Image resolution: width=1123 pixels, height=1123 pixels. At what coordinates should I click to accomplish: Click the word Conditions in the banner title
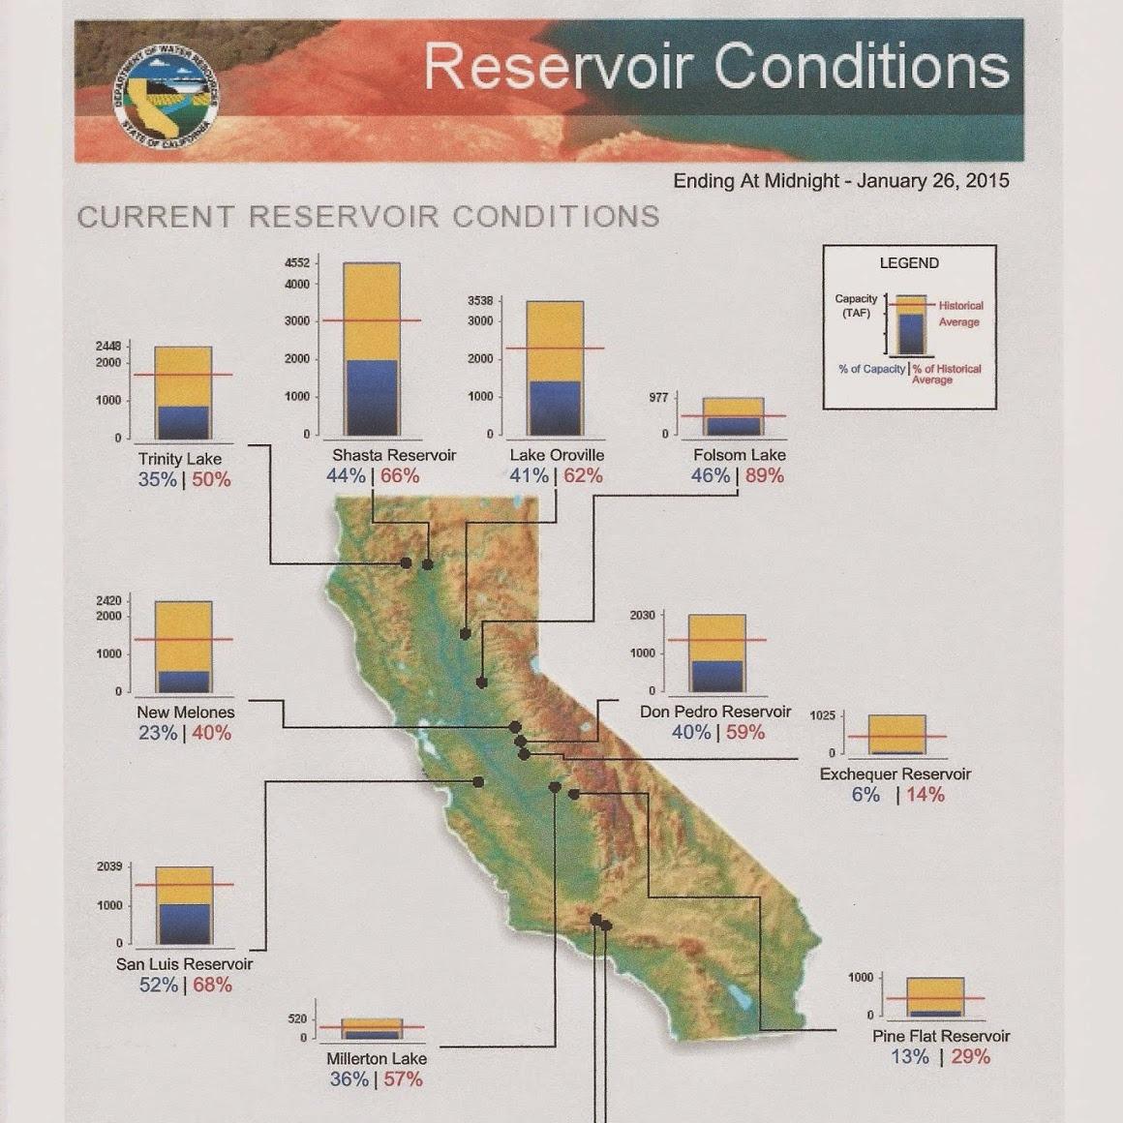(x=862, y=66)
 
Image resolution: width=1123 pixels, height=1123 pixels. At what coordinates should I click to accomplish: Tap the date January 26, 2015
(x=932, y=180)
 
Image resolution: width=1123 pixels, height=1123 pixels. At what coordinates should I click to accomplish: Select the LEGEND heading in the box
(x=909, y=263)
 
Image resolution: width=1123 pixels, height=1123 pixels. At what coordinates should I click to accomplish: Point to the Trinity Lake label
(x=180, y=459)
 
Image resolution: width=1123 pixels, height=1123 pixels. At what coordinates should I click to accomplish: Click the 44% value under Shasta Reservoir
(x=346, y=475)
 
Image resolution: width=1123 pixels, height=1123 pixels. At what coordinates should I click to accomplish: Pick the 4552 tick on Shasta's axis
(x=297, y=263)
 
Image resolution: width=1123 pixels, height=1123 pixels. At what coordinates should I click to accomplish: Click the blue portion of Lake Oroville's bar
(x=555, y=409)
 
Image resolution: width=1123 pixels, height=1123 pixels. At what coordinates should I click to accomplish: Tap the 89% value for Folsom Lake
(x=764, y=475)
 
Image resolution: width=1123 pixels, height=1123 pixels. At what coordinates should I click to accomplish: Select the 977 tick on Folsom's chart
(x=659, y=398)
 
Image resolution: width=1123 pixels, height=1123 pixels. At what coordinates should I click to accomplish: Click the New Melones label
(x=186, y=713)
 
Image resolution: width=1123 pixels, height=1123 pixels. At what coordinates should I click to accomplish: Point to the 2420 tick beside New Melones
(x=108, y=600)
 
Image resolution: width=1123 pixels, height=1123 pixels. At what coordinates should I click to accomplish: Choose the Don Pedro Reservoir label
(x=715, y=712)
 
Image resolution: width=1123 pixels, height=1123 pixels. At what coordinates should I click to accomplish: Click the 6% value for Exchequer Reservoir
(x=865, y=794)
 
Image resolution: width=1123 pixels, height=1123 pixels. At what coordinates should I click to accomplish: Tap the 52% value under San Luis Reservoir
(x=158, y=985)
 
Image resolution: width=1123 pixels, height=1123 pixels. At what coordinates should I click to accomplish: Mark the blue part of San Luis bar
(x=184, y=924)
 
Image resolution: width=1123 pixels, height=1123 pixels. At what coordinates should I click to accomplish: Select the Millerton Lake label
(x=377, y=1058)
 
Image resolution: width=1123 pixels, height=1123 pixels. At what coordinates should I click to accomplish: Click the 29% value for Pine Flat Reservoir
(x=970, y=1056)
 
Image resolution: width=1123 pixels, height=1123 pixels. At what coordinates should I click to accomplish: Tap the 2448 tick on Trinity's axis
(x=108, y=346)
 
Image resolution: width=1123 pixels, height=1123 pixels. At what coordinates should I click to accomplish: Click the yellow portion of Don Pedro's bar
(x=717, y=638)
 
